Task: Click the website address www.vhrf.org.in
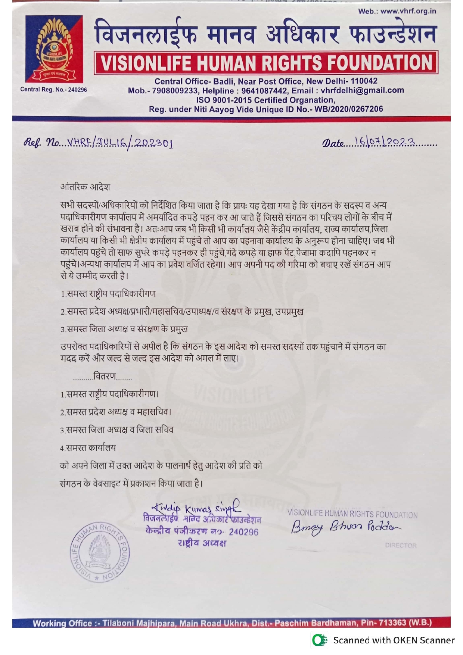tap(408, 11)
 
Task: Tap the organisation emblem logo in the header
tap(54, 49)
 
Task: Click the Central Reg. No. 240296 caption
tap(53, 90)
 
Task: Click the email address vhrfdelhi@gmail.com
tap(362, 91)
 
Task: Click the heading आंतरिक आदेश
tap(85, 187)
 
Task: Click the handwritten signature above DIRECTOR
tap(346, 527)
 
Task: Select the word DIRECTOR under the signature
tap(401, 545)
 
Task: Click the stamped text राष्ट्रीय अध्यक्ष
tap(202, 543)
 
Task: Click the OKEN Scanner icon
tap(320, 640)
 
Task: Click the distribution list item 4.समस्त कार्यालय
tap(88, 448)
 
